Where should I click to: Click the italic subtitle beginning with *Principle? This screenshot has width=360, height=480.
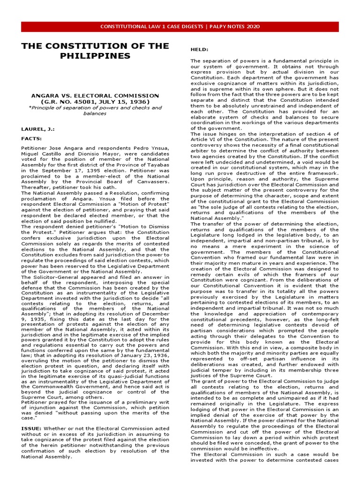95,111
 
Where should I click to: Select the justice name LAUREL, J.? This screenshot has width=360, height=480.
37,127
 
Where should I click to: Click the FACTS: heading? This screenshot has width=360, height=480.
32,139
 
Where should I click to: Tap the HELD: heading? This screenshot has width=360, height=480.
200,49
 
